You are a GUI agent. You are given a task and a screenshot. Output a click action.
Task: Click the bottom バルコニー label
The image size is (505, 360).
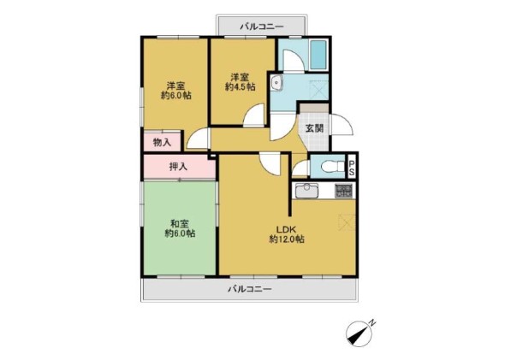coord(249,290)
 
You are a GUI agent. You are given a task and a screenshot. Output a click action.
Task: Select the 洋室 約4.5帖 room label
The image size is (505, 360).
coord(241,82)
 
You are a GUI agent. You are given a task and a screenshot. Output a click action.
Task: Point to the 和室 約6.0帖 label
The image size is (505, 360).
coord(180,227)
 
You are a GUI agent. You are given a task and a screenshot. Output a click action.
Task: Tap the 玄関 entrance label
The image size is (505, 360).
coord(313,128)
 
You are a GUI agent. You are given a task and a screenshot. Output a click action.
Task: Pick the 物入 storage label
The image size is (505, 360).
coord(161,141)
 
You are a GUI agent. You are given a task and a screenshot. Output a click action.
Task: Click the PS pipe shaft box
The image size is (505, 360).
coord(351,167)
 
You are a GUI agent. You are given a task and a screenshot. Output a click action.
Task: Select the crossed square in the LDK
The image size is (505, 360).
coord(347,221)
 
